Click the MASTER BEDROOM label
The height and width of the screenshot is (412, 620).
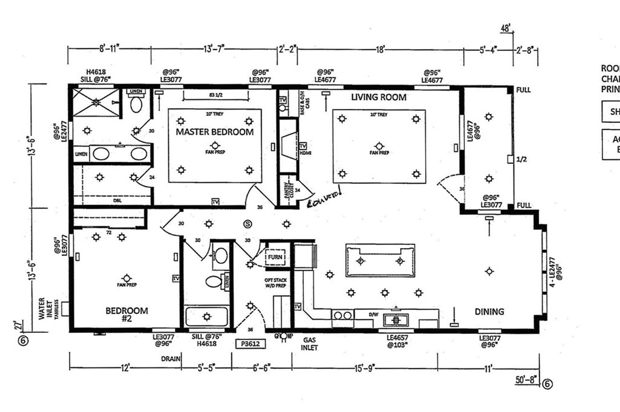pos(214,132)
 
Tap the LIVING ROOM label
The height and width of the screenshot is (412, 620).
pos(378,97)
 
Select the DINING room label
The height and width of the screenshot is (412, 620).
pos(489,312)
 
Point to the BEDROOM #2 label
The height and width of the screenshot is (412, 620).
pos(127,315)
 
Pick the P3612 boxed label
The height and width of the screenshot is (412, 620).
pos(251,342)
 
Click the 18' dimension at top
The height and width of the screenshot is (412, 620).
pos(380,50)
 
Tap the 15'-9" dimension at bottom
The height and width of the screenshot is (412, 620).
pos(365,367)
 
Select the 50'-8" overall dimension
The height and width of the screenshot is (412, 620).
pos(525,381)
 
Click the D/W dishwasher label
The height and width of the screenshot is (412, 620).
pos(374,313)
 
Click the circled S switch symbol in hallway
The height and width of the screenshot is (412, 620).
pos(247,224)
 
